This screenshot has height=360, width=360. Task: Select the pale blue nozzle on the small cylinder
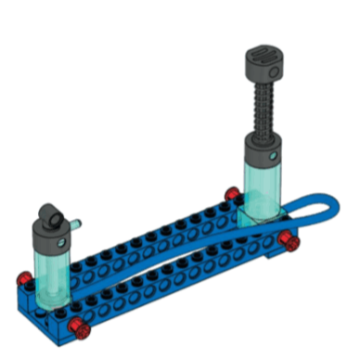coord(76,223)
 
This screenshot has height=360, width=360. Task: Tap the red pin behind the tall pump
coord(233,193)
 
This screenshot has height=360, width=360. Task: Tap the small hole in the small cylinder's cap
coord(62,243)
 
